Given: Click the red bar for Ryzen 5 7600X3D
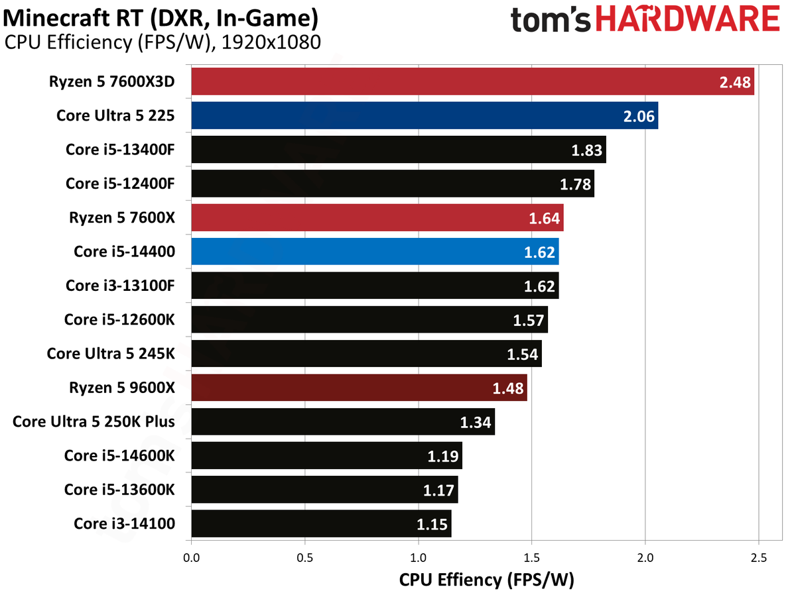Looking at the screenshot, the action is [x=472, y=81].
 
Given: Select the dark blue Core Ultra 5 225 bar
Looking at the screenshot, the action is [x=425, y=115].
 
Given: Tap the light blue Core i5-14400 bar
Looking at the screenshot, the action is [x=375, y=251].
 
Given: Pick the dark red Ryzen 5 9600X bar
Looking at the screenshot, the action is [x=359, y=388].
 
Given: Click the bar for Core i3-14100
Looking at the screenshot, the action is [x=321, y=523].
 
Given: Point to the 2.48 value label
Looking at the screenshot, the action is [x=735, y=82].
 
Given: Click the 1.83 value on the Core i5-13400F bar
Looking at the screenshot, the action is [x=587, y=150].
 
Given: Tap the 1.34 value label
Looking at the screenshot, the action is [x=476, y=422].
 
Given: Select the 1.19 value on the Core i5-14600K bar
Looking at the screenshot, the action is [x=443, y=457].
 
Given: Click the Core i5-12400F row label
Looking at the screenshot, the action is [x=120, y=184].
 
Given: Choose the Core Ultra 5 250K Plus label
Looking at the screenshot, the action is [x=94, y=421].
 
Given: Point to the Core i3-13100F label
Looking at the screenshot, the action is [x=120, y=286].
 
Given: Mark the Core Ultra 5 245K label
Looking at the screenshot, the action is [x=111, y=353].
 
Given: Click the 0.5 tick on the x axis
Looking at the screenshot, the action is [x=304, y=558].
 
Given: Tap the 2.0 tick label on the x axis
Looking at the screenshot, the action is [x=645, y=558].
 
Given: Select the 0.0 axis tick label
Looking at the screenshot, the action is [x=192, y=558].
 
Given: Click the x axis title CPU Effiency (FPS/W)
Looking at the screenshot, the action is [x=486, y=580].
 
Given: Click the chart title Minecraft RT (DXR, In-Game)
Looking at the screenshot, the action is [x=161, y=19].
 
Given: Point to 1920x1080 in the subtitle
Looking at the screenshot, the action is [x=271, y=42].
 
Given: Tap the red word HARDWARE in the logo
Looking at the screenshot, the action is [x=688, y=18].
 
